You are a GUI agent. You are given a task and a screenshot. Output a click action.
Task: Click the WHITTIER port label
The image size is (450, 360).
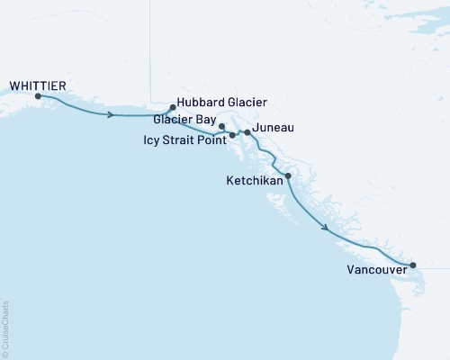37,85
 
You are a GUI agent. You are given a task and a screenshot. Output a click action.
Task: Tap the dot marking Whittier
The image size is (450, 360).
38,95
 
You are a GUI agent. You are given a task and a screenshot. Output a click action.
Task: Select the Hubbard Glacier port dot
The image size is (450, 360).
172,107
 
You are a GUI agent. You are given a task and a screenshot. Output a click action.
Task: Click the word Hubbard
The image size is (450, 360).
200,103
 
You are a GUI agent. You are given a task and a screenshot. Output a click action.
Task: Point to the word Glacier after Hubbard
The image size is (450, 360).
246,103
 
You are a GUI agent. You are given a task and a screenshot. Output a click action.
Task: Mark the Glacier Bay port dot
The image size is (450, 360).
222,127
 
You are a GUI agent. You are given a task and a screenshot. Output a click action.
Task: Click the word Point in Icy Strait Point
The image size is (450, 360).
212,139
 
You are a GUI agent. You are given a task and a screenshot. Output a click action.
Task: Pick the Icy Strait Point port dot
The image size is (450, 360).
232,135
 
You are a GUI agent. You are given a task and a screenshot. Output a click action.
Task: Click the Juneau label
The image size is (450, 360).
274,130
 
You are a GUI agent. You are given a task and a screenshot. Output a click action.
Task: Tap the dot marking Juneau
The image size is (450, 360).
247,132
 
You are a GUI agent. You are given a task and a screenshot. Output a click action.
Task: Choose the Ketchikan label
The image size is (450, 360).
254,181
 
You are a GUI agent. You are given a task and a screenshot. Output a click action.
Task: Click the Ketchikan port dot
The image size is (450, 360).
288,176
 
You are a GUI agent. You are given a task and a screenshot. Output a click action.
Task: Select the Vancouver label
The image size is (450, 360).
374,268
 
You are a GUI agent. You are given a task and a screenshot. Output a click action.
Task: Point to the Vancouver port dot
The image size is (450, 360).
413,265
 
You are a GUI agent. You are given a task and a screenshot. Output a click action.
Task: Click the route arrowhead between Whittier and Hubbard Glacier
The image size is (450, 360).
111,115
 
